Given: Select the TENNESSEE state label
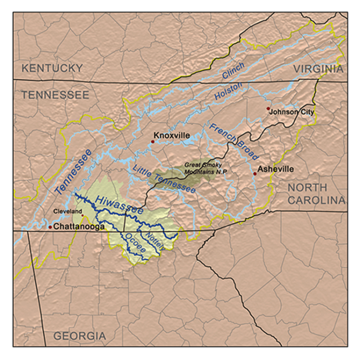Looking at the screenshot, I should (x=55, y=95).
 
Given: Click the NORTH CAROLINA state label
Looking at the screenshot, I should (x=316, y=193).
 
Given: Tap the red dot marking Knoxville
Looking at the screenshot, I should (x=153, y=142).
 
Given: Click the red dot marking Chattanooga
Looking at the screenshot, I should (x=50, y=227).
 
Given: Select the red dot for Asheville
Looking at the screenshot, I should (x=255, y=174).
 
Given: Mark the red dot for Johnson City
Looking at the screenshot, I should (x=268, y=109).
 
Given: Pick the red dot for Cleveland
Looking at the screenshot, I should (x=83, y=216).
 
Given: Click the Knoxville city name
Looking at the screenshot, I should (x=171, y=135).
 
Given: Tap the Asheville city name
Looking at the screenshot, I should (x=275, y=169).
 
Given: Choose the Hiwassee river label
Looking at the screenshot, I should (x=118, y=205).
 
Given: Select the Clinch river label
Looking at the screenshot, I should (x=233, y=71).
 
